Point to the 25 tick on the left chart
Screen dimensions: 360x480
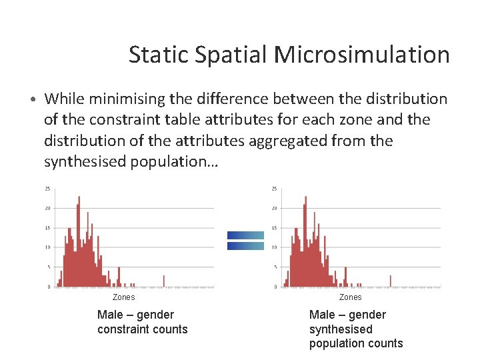(47, 189)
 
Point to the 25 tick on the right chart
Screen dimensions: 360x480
(274, 189)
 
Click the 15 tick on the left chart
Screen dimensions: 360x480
(47, 228)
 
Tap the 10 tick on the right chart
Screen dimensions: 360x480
(274, 247)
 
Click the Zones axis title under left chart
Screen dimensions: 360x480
(123, 297)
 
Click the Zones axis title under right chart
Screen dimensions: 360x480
(350, 297)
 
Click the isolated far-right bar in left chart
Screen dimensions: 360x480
(164, 281)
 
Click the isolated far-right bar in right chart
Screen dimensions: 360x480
(391, 281)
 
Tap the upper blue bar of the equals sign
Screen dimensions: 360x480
(245, 235)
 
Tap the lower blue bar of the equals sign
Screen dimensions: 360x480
(245, 246)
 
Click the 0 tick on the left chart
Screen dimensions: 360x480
(48, 287)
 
